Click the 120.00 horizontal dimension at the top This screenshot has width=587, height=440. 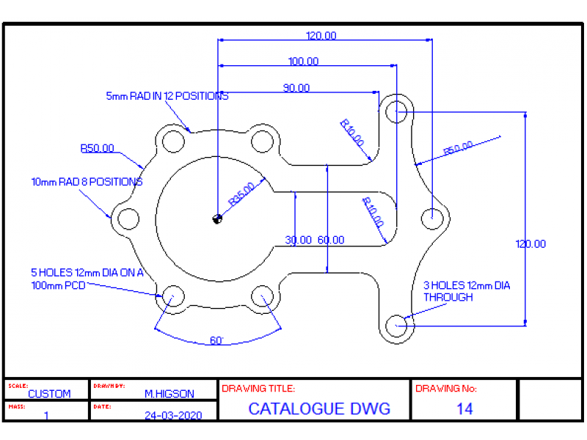(321, 35)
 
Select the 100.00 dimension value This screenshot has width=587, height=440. (303, 62)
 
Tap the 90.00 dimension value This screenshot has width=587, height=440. (296, 88)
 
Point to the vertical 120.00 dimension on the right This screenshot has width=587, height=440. (531, 244)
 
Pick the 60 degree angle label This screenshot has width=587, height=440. (216, 341)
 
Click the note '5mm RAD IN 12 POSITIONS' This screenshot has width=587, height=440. (167, 96)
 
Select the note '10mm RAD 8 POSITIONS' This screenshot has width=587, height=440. (87, 182)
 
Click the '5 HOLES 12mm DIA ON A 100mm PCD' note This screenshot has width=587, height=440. (87, 278)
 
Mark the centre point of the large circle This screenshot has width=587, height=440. (217, 218)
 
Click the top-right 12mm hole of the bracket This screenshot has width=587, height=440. (396, 111)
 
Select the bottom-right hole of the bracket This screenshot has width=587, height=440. (396, 324)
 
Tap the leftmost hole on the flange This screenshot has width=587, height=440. (129, 218)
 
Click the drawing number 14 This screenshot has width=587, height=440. (464, 409)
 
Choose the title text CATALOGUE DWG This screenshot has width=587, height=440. (319, 409)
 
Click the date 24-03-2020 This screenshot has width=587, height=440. (173, 415)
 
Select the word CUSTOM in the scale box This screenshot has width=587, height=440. (49, 394)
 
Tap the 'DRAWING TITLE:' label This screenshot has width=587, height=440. (258, 389)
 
